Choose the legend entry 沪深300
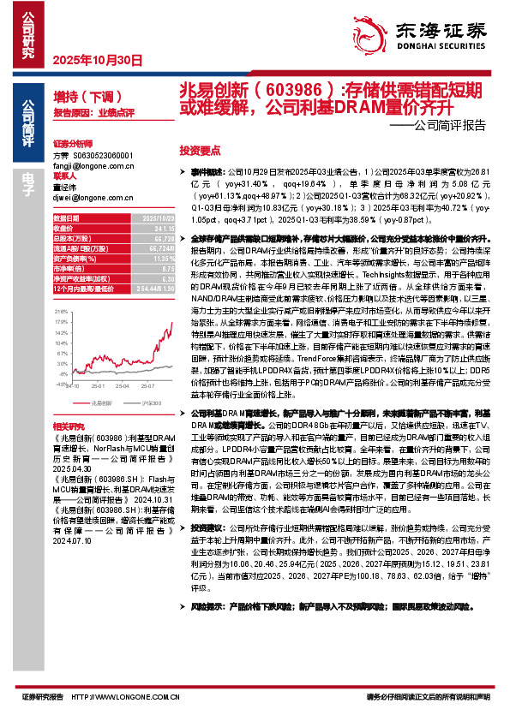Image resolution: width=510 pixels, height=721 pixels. (x=131, y=402)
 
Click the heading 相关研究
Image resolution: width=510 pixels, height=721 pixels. (x=68, y=425)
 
